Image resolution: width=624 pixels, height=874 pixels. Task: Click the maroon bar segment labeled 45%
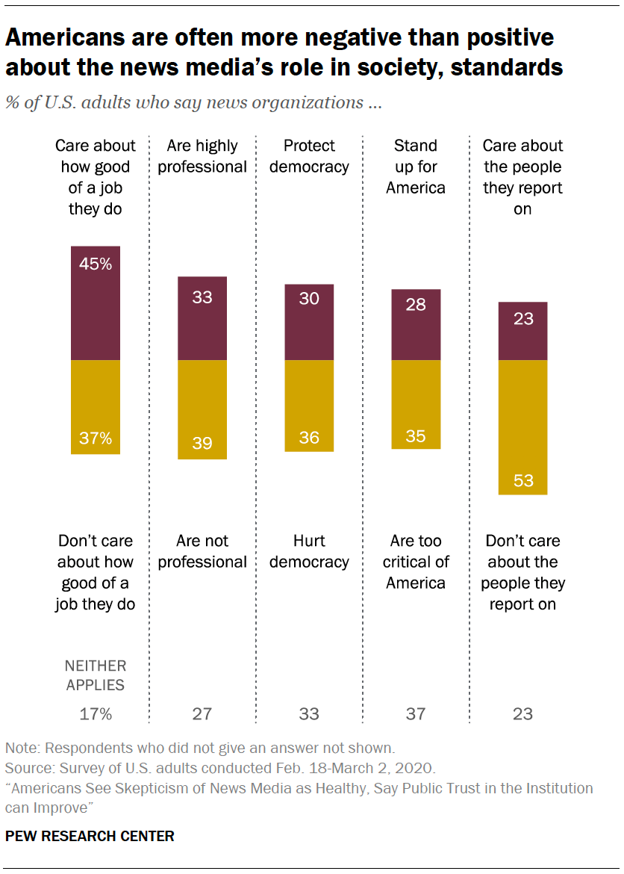[95, 303]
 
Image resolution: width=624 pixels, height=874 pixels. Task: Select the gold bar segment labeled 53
[522, 427]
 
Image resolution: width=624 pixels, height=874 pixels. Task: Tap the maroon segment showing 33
[202, 319]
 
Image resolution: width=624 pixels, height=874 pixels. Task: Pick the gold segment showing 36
[309, 406]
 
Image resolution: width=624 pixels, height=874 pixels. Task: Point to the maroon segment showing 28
[416, 325]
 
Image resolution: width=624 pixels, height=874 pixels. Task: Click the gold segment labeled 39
[202, 409]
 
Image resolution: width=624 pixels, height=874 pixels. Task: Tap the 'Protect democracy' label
[309, 156]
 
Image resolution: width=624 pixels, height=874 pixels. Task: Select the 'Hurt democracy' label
[309, 551]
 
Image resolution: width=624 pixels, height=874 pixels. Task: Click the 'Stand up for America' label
[416, 167]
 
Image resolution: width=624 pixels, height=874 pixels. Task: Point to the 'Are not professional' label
[202, 551]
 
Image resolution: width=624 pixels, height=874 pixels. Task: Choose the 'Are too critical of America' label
[416, 562]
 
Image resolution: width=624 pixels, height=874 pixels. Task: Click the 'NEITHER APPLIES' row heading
[96, 675]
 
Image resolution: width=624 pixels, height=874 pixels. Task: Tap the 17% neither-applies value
[96, 714]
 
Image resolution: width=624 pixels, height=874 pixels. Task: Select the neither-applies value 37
[416, 714]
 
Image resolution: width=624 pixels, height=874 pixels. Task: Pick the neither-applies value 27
[202, 714]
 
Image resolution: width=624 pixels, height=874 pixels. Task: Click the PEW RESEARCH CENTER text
[90, 836]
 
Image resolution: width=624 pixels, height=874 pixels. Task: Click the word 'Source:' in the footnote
[27, 768]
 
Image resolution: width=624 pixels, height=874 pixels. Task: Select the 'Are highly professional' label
[202, 156]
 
